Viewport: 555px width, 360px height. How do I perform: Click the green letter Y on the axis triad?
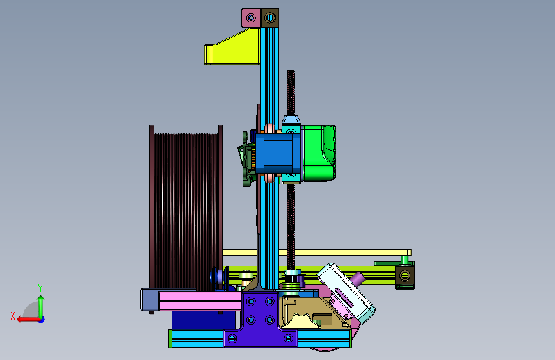tap(40, 288)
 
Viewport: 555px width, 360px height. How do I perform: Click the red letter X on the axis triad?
tap(13, 316)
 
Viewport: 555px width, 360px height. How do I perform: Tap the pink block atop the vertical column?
tap(251, 18)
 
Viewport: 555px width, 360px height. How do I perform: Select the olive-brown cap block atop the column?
tap(269, 18)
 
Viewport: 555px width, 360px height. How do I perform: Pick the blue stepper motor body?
tap(278, 153)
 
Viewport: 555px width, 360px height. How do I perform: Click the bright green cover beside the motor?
tap(318, 153)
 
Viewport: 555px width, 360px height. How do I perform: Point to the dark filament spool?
tap(186, 208)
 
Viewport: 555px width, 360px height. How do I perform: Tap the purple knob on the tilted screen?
tap(358, 279)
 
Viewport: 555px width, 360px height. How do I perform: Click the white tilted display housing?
tap(346, 293)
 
